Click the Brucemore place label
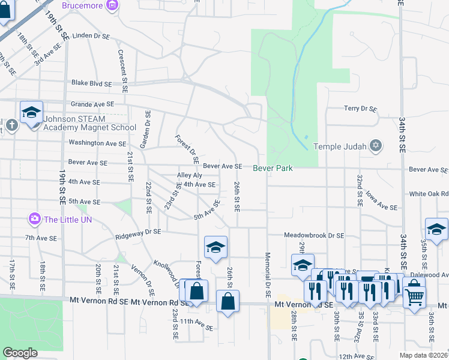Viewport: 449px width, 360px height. (x=81, y=5)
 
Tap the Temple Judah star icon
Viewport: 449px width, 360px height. (x=376, y=146)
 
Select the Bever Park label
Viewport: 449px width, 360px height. (x=273, y=168)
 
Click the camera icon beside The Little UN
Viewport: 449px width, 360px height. (x=35, y=219)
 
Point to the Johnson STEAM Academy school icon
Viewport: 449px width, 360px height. (x=32, y=112)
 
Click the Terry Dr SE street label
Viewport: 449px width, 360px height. (x=360, y=109)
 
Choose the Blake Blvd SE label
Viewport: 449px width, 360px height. (x=91, y=83)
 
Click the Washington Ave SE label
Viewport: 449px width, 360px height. (x=97, y=143)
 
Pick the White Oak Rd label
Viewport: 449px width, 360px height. (x=429, y=194)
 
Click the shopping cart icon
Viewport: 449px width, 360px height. (x=415, y=296)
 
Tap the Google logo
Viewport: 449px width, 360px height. (x=20, y=353)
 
